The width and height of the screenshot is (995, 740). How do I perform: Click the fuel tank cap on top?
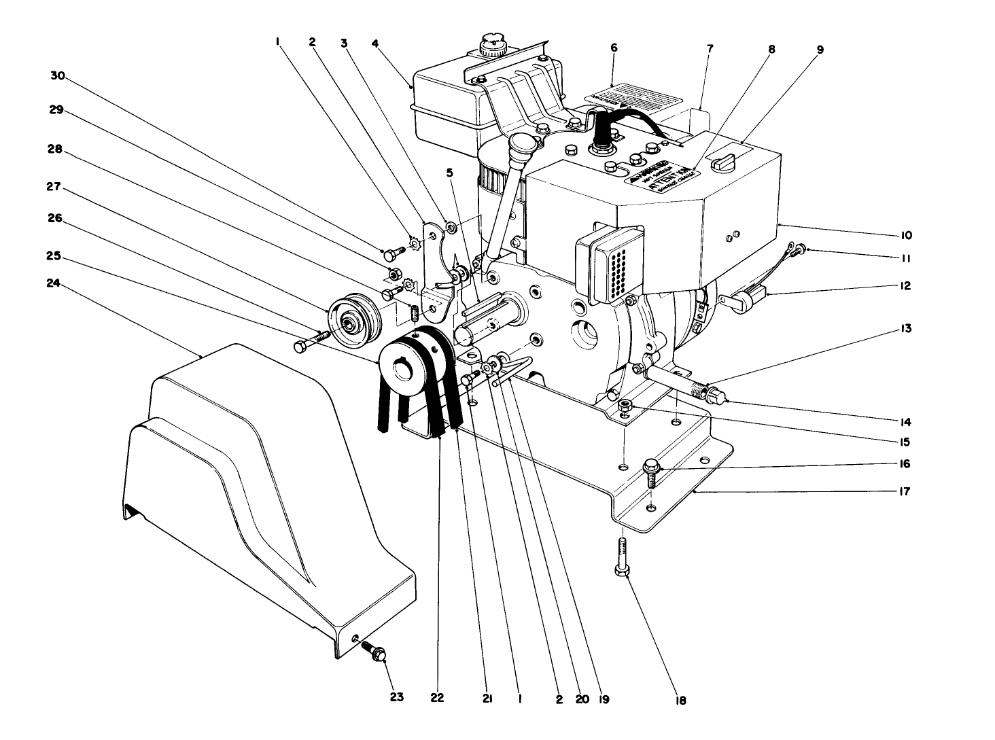tap(491, 47)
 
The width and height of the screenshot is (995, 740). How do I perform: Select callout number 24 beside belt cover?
tap(53, 285)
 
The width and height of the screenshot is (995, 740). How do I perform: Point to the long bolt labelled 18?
tap(623, 556)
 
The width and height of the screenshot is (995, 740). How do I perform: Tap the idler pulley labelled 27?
tap(351, 319)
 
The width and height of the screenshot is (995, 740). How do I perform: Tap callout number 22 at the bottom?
tap(436, 697)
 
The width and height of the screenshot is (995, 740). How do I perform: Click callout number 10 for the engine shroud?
tap(907, 235)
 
